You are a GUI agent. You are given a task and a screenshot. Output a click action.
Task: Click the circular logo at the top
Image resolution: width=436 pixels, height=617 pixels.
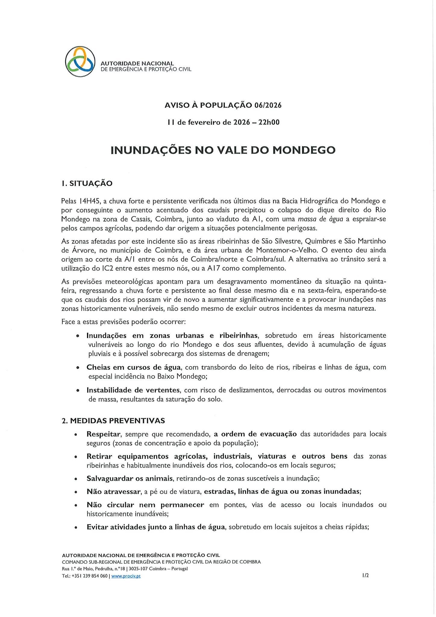click(80, 61)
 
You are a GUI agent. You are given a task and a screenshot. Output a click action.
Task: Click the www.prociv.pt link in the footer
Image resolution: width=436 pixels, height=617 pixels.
click(126, 576)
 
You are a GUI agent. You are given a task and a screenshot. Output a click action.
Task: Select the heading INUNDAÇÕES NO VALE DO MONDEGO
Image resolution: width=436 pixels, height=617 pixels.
click(223, 150)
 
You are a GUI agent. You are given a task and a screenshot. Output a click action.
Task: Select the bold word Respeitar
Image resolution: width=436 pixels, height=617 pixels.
click(103, 434)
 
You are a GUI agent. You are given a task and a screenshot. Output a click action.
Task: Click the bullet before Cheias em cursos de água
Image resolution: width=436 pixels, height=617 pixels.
click(78, 368)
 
